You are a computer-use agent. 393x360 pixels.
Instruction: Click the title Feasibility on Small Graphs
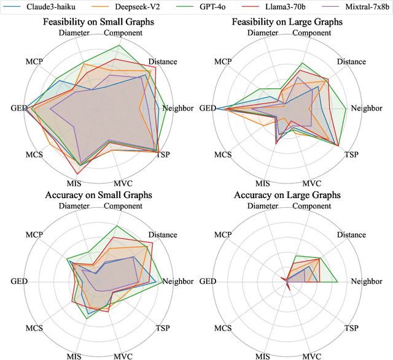tap(98, 22)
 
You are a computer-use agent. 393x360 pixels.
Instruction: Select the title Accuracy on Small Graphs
tap(98, 195)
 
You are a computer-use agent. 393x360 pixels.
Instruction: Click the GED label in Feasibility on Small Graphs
tap(19, 109)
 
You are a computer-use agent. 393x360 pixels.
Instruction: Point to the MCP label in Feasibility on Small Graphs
tap(34, 62)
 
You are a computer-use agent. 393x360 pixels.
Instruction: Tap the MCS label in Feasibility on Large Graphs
tap(223, 155)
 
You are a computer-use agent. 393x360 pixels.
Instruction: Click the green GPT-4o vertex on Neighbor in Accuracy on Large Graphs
tap(338, 281)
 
